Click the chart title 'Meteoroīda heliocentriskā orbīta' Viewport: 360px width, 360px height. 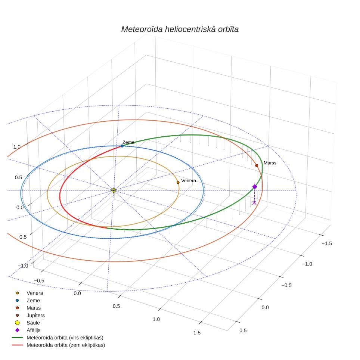[180, 30]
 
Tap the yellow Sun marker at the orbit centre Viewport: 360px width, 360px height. [114, 190]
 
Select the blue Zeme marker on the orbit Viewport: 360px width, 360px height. [122, 146]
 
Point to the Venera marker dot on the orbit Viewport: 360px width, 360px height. [178, 183]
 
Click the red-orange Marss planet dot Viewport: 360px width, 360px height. [257, 165]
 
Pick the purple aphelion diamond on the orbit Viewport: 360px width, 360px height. [255, 187]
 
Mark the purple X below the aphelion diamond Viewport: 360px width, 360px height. [254, 203]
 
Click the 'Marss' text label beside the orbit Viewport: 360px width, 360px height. [270, 163]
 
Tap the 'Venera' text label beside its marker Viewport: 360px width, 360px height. [189, 181]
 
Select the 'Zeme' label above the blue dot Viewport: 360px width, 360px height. [128, 142]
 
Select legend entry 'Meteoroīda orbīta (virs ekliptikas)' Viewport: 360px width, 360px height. [58, 338]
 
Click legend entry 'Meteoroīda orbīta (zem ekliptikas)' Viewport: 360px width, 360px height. [59, 345]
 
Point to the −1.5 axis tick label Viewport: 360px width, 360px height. [327, 243]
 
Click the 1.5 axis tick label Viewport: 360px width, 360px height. [197, 333]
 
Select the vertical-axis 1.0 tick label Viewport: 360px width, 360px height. [17, 147]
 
